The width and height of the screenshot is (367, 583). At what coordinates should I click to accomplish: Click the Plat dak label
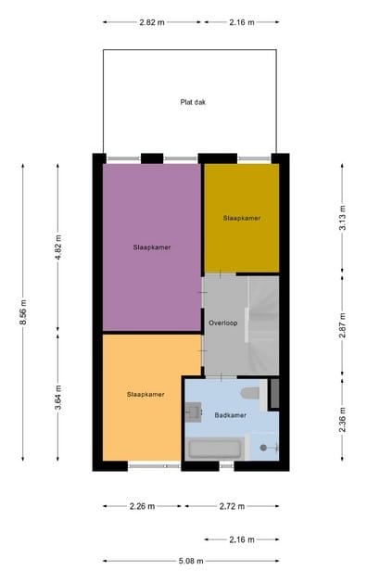193,102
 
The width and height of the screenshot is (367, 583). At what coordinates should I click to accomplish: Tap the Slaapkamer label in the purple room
152,247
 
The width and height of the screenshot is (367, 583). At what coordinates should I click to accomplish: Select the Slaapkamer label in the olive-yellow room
241,218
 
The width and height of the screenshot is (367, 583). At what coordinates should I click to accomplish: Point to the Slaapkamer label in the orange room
146,395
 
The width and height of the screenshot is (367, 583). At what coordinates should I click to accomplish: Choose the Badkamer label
232,415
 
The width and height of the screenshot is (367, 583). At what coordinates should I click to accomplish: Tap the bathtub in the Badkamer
215,450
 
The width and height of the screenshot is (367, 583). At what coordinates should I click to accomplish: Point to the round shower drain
263,448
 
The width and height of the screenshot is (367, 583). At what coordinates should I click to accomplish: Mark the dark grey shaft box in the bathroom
273,393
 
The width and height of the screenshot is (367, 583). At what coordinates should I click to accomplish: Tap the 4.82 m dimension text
57,248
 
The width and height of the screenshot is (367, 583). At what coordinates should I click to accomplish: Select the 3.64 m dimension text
57,397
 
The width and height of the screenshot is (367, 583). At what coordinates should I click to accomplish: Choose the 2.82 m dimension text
154,21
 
